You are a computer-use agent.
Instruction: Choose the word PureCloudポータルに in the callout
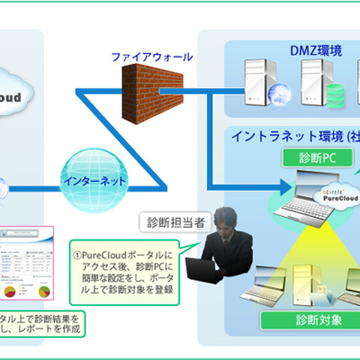point(124,244)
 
